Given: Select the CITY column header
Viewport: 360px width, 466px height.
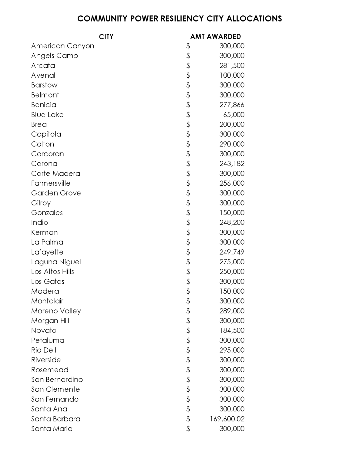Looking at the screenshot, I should [x=106, y=37].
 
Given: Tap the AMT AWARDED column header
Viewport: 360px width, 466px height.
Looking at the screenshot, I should [x=215, y=37].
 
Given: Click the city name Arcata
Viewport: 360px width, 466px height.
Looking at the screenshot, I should [x=43, y=66].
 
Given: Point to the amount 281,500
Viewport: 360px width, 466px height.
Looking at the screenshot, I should [x=232, y=66].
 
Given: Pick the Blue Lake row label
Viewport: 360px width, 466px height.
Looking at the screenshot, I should [x=47, y=115].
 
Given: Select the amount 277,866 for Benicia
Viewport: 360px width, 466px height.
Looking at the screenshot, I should [x=232, y=105].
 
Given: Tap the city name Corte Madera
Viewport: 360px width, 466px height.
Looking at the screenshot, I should [x=56, y=174].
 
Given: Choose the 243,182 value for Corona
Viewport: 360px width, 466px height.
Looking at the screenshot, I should [x=232, y=164].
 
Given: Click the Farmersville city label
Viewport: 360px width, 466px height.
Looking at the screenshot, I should [x=51, y=183].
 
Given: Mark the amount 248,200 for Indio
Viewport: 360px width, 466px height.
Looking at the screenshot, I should [x=232, y=222].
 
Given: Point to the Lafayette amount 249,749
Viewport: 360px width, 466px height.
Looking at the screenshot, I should [x=232, y=252].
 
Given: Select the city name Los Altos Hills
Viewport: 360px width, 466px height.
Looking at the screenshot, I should [x=52, y=272].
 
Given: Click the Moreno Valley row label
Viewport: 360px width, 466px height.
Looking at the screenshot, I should [x=56, y=311].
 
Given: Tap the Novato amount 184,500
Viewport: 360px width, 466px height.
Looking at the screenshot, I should [x=232, y=330].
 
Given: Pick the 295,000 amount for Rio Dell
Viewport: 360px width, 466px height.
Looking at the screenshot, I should [x=232, y=350].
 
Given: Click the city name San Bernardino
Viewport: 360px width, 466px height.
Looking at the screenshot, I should [x=57, y=380].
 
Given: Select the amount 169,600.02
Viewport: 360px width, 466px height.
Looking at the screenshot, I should [x=227, y=419].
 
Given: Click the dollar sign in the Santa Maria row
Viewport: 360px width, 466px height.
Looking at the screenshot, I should [x=188, y=429].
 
